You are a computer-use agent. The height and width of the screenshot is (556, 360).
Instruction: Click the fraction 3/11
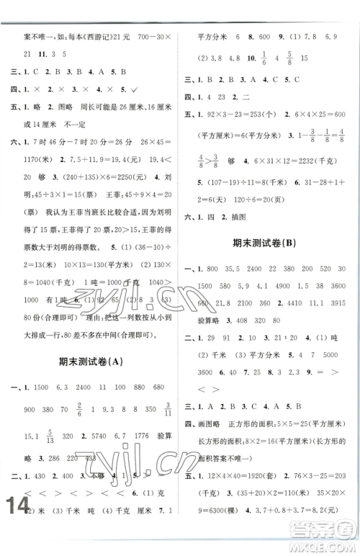pos(167,409)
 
